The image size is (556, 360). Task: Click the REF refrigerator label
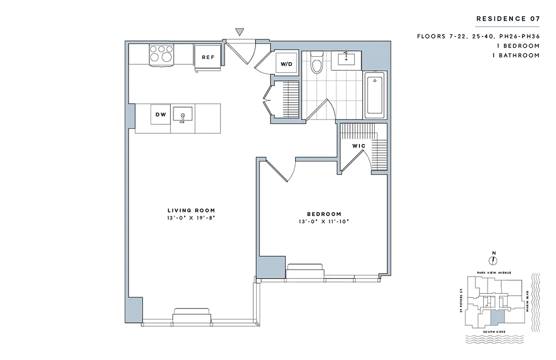(x=208, y=57)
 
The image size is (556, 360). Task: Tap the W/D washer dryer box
(x=287, y=64)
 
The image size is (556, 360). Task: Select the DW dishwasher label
(x=161, y=115)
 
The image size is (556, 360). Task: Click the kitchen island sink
(x=183, y=114)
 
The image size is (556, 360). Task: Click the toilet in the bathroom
(x=317, y=63)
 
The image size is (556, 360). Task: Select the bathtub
(x=375, y=95)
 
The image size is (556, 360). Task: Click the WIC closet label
(x=359, y=146)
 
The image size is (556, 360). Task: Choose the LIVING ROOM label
(x=191, y=210)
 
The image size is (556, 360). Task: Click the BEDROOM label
(x=324, y=214)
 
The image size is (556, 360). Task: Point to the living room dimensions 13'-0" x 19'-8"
(x=191, y=218)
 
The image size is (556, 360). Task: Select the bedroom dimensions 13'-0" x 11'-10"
(x=324, y=221)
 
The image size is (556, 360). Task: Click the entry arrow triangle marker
(x=240, y=32)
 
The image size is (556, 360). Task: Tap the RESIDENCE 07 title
(x=508, y=19)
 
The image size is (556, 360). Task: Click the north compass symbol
(x=493, y=261)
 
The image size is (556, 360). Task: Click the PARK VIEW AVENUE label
(x=494, y=273)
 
